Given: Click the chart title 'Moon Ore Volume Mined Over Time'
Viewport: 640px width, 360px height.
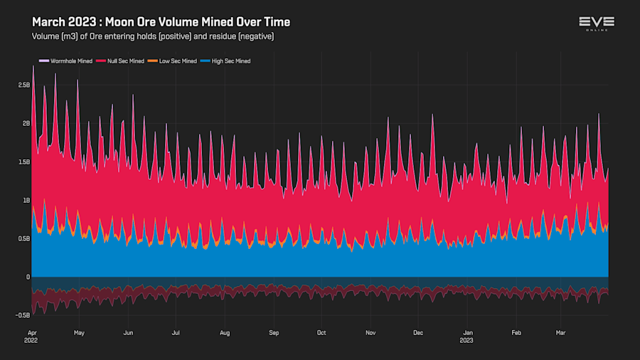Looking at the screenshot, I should tap(161, 22).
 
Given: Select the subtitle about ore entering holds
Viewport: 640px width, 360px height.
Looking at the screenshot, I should tap(153, 36).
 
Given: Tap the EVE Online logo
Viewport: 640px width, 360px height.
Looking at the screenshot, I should tap(596, 23).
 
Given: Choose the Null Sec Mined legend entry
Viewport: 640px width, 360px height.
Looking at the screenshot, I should tap(126, 61).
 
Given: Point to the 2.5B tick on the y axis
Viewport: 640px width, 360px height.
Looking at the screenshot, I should tap(23, 85).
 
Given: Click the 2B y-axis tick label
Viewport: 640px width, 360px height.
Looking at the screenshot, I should tap(26, 123).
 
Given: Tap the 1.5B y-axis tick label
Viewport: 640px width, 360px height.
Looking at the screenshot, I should tap(23, 162).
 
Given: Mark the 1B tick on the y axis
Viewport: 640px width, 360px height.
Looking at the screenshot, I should tap(26, 200).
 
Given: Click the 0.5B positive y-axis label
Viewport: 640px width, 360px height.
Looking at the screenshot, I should tap(23, 238).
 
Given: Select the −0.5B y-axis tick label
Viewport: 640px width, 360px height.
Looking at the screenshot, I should tap(22, 315).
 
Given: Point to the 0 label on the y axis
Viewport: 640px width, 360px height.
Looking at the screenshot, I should tap(28, 277).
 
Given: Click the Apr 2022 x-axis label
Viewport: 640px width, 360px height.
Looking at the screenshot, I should tap(32, 336).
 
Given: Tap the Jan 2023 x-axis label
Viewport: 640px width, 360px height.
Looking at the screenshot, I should tap(468, 336).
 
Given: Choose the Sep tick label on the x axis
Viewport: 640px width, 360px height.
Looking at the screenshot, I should tap(274, 332).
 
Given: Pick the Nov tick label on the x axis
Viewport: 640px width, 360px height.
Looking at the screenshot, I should tap(370, 332).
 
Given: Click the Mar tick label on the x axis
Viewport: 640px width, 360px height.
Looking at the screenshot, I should tap(562, 332).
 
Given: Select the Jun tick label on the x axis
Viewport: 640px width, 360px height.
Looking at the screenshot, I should tap(128, 332).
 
